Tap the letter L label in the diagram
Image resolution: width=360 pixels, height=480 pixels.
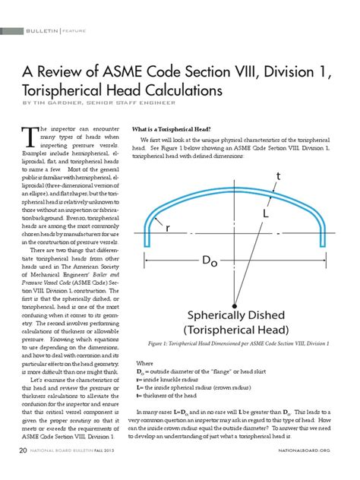(x=266, y=194)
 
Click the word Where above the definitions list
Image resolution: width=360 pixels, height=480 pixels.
(x=144, y=364)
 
